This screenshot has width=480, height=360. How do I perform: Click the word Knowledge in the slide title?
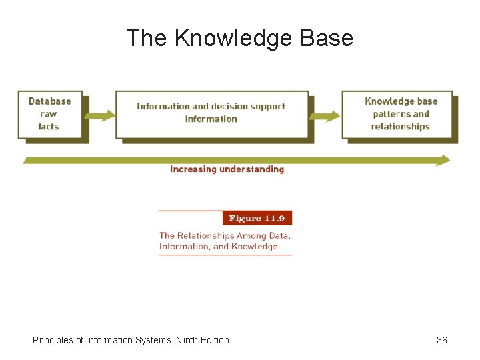coord(234,38)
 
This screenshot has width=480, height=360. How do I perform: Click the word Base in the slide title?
coord(327,38)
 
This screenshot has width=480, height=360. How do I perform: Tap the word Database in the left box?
coord(49,101)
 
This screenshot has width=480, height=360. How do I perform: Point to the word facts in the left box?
coord(48,127)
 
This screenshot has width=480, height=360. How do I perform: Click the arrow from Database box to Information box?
coord(99,116)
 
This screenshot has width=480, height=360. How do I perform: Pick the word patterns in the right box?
coord(391,114)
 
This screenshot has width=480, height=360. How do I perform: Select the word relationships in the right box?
coord(400,127)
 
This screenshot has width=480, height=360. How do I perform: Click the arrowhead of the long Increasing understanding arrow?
coord(444,160)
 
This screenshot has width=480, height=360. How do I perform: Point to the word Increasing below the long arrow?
coord(193,169)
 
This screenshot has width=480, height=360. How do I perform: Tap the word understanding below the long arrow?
coord(252,169)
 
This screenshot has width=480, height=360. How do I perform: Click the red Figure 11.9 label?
coord(257,219)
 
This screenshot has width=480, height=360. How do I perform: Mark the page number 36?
coord(442,340)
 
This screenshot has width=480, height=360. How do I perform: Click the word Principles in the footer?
coord(53,340)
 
